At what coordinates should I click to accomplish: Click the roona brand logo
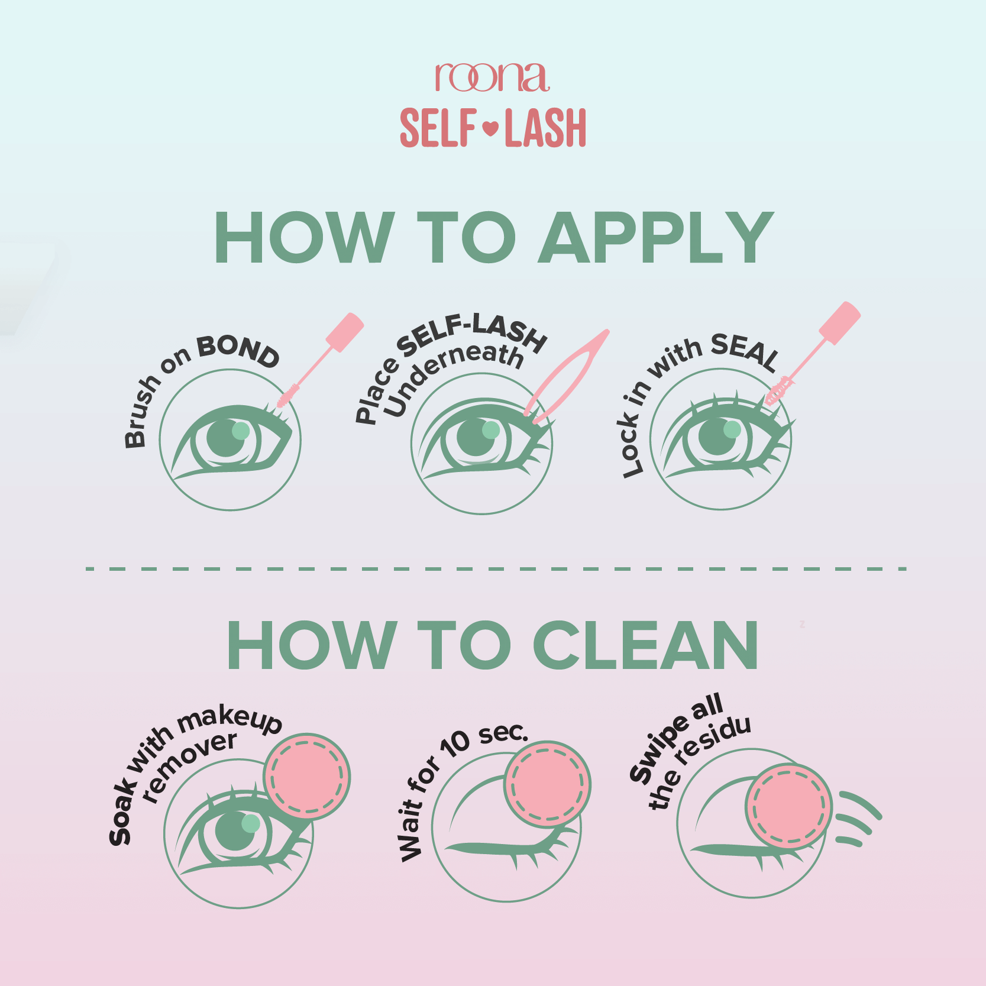click(x=492, y=77)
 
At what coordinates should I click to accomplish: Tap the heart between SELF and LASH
click(x=491, y=127)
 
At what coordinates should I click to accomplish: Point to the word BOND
click(x=238, y=350)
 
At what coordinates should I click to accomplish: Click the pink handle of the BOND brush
click(x=344, y=332)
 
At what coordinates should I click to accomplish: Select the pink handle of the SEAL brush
click(x=839, y=322)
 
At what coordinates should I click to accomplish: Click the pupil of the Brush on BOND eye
click(x=227, y=438)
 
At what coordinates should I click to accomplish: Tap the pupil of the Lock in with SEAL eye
click(x=717, y=437)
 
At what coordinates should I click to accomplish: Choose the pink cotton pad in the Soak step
click(x=307, y=777)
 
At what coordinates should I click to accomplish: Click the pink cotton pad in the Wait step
click(x=547, y=784)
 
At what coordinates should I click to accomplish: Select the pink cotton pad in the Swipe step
click(x=789, y=806)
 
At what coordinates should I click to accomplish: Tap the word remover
click(x=190, y=770)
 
